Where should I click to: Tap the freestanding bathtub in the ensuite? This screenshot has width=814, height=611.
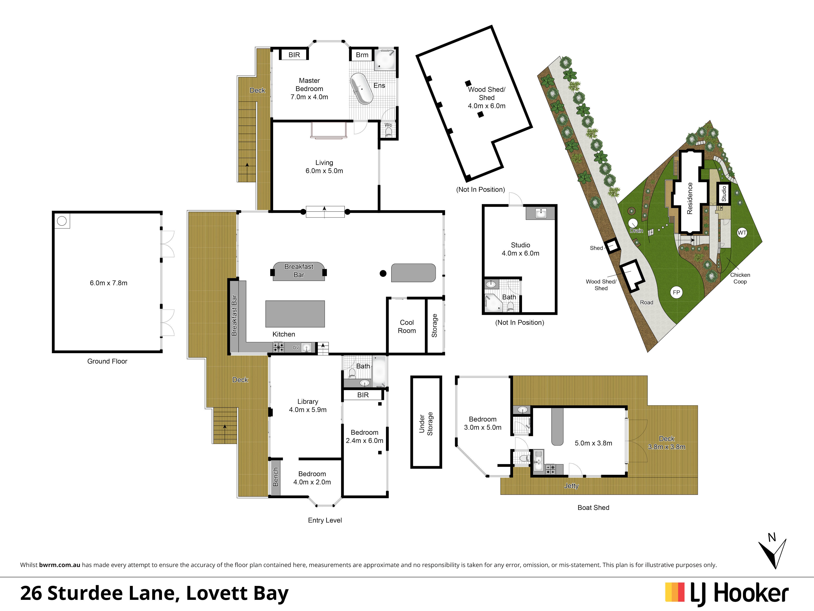[x=361, y=89]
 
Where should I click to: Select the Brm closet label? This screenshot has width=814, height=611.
[x=362, y=55]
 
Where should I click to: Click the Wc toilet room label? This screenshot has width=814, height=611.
[x=388, y=125]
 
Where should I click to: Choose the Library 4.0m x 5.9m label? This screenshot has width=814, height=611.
[x=308, y=406]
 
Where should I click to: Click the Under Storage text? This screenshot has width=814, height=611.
[x=426, y=424]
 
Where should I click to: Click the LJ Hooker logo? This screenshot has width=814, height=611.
[x=727, y=594]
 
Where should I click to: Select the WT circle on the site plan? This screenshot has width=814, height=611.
[x=742, y=233]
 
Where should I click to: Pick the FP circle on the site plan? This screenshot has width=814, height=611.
[x=676, y=292]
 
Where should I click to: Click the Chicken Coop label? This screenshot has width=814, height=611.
[x=740, y=278]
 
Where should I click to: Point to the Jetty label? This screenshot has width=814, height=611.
[x=571, y=486]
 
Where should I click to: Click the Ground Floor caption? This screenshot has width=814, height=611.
[x=107, y=361]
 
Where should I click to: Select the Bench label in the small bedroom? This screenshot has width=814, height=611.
[x=276, y=477]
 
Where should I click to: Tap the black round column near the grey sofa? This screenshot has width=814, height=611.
[x=383, y=273]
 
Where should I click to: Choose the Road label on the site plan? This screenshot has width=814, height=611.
[x=647, y=302]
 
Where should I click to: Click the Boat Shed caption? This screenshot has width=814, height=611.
[x=593, y=508]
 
